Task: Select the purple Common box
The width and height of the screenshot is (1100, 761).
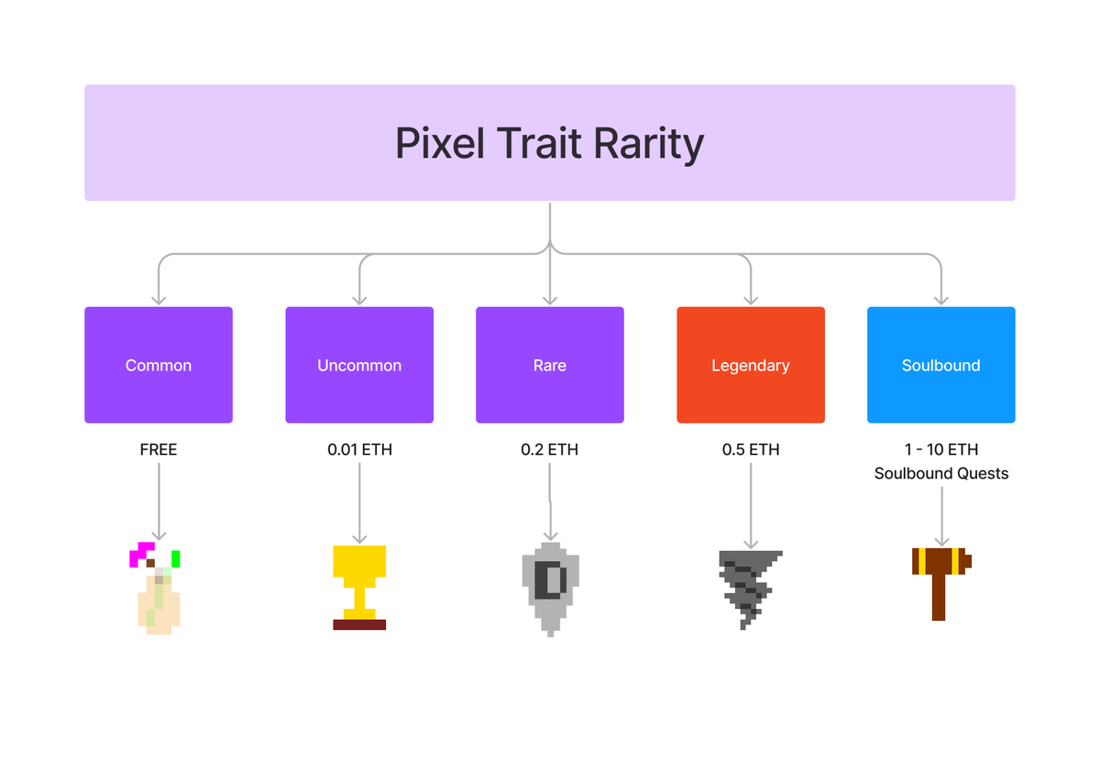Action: click(159, 365)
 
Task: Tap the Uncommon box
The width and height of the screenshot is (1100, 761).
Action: click(359, 365)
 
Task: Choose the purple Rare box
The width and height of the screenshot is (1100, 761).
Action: click(550, 365)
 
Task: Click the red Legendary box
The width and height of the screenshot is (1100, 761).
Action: click(751, 365)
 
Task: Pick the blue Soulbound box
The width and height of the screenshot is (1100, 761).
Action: click(941, 365)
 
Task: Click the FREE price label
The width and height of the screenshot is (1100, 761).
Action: click(159, 450)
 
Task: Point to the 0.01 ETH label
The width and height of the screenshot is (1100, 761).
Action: click(359, 450)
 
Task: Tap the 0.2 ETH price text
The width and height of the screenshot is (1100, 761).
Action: click(550, 450)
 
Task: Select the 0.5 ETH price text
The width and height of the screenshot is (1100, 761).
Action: click(751, 450)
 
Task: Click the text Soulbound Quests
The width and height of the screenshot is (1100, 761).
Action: click(941, 474)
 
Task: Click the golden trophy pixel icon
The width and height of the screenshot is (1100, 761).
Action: click(359, 578)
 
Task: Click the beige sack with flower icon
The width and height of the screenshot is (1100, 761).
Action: click(159, 601)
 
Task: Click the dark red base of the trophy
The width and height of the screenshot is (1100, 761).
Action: click(359, 624)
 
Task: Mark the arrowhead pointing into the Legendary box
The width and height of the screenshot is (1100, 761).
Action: click(751, 299)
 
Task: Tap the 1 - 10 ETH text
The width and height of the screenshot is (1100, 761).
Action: click(941, 450)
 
